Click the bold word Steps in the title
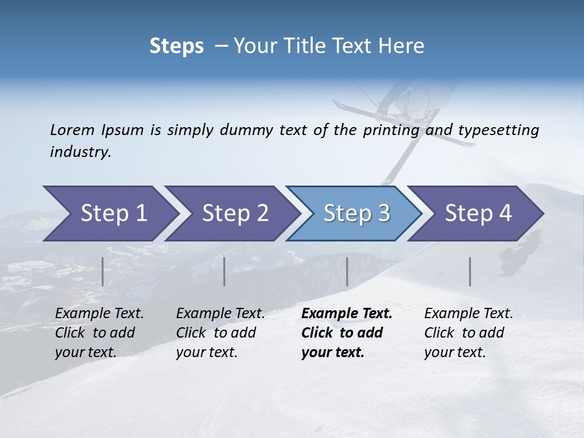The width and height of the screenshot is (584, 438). click(176, 46)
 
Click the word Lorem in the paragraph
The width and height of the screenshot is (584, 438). click(72, 130)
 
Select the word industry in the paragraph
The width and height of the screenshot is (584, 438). click(80, 151)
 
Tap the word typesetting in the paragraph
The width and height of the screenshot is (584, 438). click(498, 130)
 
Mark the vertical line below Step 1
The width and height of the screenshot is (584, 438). click(103, 271)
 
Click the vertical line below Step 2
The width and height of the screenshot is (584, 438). click(224, 271)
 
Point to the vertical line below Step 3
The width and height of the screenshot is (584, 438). click(347, 271)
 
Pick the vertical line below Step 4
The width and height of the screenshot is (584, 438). click(470, 271)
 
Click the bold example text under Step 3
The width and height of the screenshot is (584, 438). click(346, 333)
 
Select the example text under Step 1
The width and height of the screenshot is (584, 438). click(99, 333)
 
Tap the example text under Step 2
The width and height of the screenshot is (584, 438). click(220, 333)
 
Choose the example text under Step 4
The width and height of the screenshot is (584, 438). click(468, 333)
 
